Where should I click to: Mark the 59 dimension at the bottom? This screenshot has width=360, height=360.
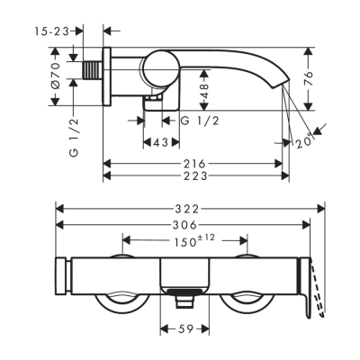tap(184, 330)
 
